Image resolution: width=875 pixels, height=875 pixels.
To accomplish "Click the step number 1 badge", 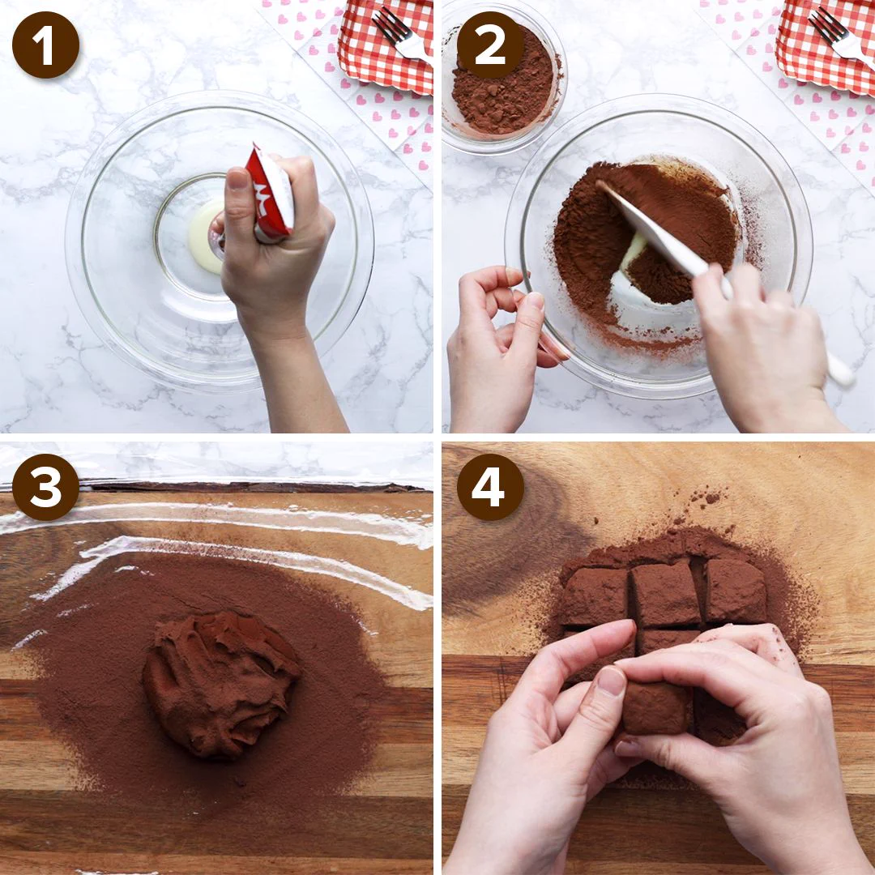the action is point(45,45).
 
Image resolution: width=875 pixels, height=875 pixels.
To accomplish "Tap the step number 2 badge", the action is point(490,45).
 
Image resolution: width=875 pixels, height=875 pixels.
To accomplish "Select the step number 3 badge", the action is point(45,487).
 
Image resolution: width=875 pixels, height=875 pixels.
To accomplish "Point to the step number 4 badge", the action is point(490,487).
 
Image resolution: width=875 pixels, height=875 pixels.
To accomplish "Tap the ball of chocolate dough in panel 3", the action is point(221,684).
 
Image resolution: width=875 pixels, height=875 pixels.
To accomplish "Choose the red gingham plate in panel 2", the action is point(826,45).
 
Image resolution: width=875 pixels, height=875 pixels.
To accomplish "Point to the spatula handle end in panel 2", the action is point(842,370).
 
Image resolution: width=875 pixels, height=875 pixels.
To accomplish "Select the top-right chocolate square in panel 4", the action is point(735,591).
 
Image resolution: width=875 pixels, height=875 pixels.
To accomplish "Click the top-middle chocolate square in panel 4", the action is point(665,595).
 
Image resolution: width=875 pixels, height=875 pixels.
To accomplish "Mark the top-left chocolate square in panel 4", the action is point(594,596).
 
